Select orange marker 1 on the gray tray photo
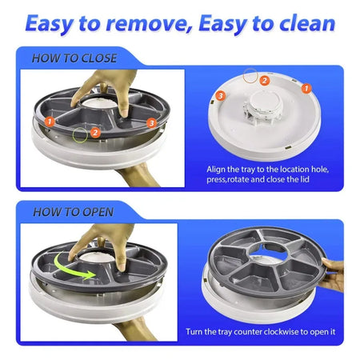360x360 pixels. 50,122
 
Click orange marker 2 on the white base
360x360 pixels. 264,80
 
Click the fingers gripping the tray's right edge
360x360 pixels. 331,272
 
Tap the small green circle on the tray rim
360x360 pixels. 79,135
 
